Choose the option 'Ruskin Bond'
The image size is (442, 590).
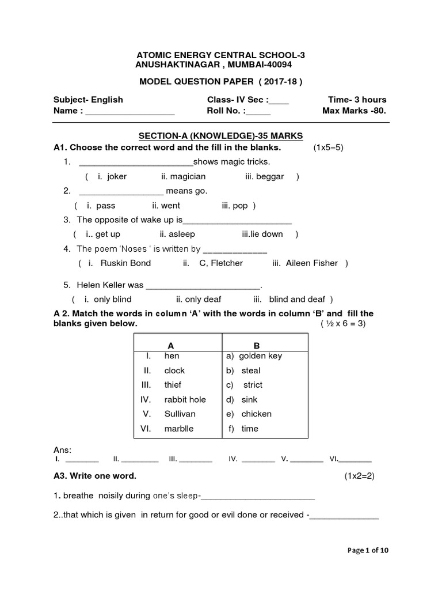tap(125, 263)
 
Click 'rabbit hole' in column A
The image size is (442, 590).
tap(185, 399)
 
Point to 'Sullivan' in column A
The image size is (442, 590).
tap(180, 414)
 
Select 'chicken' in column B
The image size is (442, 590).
tap(256, 414)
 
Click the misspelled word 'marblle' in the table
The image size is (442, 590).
tap(179, 429)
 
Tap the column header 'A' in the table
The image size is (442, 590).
tap(170, 346)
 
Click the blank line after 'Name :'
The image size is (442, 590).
tap(130, 111)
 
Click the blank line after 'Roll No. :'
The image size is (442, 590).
tap(258, 111)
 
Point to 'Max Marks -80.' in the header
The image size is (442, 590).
tap(355, 111)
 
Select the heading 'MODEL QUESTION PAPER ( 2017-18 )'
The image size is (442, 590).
tap(220, 81)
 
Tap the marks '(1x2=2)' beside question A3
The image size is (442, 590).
tap(359, 476)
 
